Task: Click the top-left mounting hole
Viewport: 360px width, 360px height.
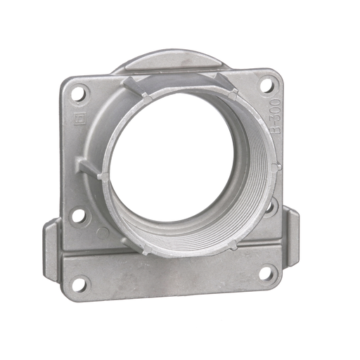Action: click(x=79, y=92)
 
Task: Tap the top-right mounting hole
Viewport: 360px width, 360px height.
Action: click(x=266, y=84)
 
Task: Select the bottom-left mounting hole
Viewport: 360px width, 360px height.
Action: click(x=79, y=284)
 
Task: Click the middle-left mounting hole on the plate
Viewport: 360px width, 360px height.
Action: click(x=79, y=215)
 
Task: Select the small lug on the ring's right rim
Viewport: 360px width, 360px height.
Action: click(x=276, y=167)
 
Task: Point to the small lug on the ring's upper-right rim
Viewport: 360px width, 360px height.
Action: click(x=233, y=91)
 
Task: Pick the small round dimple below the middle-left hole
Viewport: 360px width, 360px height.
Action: click(x=103, y=232)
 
